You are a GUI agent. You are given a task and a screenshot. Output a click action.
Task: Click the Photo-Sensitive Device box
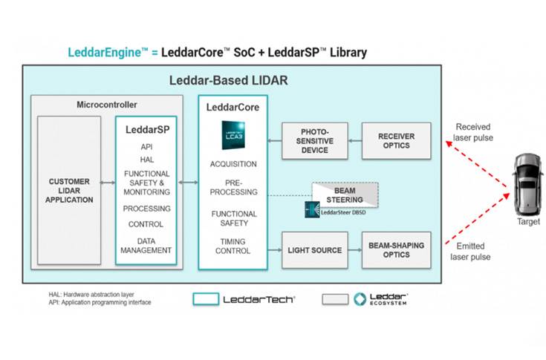pos(314,141)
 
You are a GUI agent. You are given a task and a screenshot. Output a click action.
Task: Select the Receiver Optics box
pos(396,141)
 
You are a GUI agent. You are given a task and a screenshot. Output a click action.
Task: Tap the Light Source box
pos(314,251)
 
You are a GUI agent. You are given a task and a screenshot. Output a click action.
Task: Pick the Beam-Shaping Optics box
pos(396,251)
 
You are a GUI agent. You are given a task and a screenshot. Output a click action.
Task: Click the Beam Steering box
pos(344,194)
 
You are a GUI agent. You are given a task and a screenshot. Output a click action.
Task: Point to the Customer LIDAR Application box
pos(69,191)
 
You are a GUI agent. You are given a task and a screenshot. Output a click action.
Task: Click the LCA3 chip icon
pos(233,136)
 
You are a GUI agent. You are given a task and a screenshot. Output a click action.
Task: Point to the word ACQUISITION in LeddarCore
pos(233,164)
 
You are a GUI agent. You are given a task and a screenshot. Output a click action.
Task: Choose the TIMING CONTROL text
pos(233,246)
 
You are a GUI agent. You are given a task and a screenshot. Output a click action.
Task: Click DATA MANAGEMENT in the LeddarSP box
pos(146,246)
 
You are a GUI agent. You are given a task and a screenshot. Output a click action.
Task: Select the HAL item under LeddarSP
pos(146,160)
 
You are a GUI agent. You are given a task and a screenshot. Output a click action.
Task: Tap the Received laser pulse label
pos(473,132)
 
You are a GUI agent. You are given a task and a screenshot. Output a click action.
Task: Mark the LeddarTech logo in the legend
pos(244,299)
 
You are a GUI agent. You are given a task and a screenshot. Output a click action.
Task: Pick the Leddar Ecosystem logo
pos(380,299)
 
